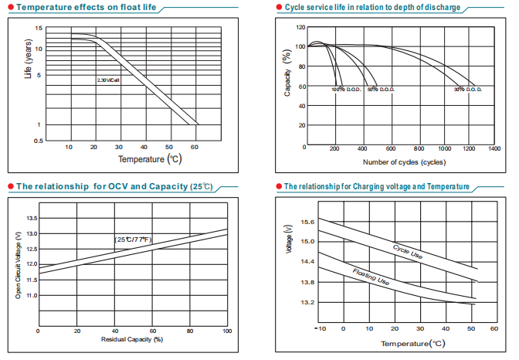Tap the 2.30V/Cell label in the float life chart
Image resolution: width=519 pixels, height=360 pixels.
(109, 80)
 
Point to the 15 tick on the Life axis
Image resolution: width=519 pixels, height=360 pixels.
(38, 29)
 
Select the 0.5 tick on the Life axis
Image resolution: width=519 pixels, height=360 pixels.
(38, 141)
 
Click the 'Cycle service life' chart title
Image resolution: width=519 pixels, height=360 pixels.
(372, 7)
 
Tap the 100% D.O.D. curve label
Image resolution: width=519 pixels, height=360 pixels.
(347, 90)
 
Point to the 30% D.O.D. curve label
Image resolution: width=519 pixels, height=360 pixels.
(468, 90)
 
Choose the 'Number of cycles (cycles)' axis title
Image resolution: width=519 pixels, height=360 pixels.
(404, 161)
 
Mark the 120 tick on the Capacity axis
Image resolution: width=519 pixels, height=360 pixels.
(300, 27)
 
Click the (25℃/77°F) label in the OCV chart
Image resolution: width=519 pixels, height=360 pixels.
(134, 240)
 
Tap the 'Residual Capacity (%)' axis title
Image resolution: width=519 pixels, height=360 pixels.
(131, 339)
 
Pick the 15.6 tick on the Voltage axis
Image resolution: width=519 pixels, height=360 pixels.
(307, 222)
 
